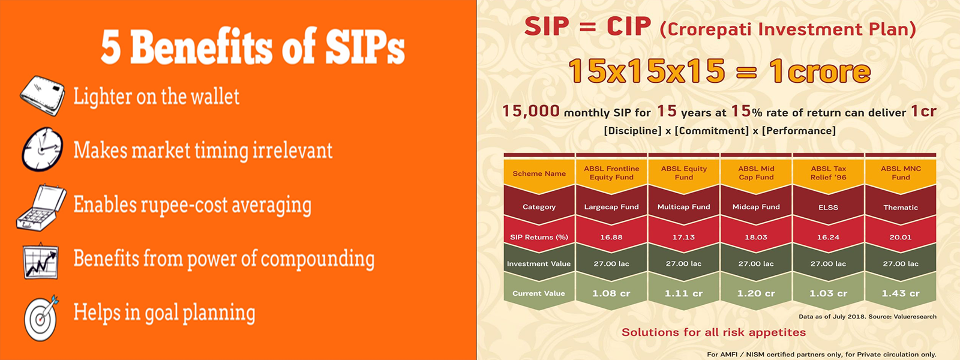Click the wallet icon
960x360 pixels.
tap(43, 95)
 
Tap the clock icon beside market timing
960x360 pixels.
tap(42, 149)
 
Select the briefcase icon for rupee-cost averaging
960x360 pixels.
tap(41, 208)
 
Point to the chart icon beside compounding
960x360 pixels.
tap(41, 260)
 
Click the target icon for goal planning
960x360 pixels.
tap(41, 317)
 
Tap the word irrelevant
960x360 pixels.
tap(292, 151)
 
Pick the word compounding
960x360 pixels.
tap(317, 260)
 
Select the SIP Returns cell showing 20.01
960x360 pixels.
tap(901, 237)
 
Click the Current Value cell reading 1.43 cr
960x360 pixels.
tap(901, 293)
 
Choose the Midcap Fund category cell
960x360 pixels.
tap(756, 206)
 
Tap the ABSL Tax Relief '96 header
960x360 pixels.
tap(829, 173)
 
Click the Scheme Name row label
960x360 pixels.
tap(539, 173)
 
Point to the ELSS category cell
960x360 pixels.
tap(829, 207)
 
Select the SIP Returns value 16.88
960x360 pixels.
tap(611, 237)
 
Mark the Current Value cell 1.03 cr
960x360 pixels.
tap(829, 293)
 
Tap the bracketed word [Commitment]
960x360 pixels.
tap(712, 131)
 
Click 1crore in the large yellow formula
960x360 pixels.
tap(820, 71)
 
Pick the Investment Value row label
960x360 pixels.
tap(539, 263)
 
